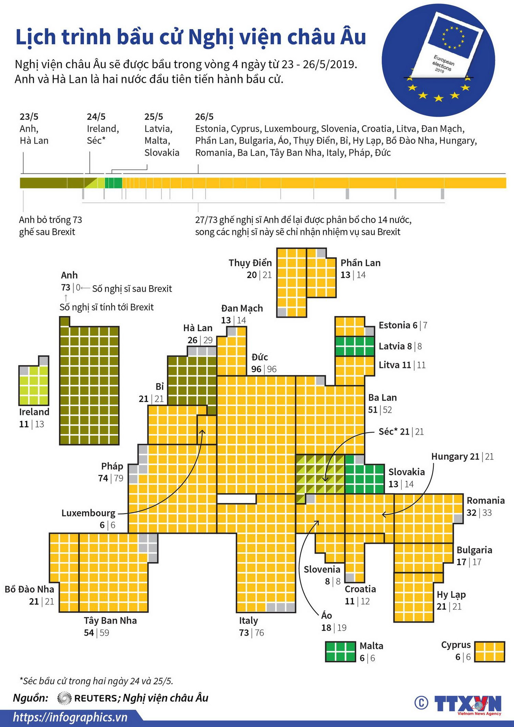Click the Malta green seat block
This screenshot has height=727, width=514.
point(340,652)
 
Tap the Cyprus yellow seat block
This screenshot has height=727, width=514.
point(489,652)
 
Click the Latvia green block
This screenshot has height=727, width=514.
point(354,346)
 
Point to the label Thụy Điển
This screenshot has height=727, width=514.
point(250,263)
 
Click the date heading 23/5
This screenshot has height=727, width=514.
point(29,117)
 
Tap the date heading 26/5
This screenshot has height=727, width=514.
point(204,117)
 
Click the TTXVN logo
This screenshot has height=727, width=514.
point(467,704)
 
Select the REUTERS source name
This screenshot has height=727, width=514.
point(95,698)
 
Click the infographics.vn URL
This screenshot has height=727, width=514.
point(70,717)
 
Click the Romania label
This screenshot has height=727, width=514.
point(486,501)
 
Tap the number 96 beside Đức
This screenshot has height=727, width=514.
point(256,369)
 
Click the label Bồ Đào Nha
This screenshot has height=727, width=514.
point(29,589)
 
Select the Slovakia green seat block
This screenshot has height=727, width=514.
point(364,479)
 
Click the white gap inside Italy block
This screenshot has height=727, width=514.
point(236,499)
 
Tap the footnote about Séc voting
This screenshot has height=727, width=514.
point(96,681)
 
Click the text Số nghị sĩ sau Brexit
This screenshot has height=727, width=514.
point(132,289)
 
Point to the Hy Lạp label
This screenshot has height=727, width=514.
point(451,595)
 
